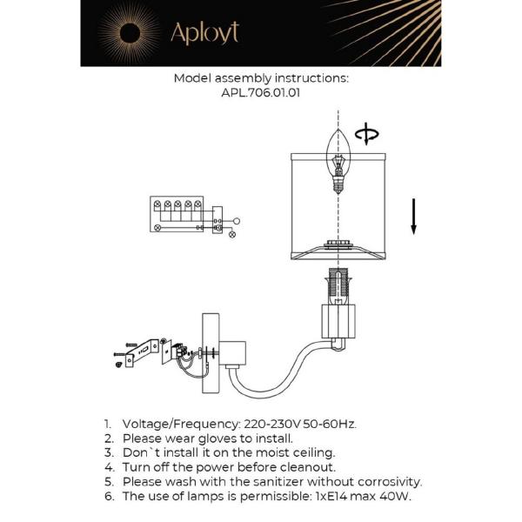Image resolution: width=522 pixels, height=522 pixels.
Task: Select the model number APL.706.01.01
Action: pos(261,93)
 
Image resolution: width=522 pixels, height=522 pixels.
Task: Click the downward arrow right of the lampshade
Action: pos(414,216)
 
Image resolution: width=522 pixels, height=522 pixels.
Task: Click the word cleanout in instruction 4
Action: pos(304,467)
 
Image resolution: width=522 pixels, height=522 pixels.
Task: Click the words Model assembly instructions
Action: pos(261,77)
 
